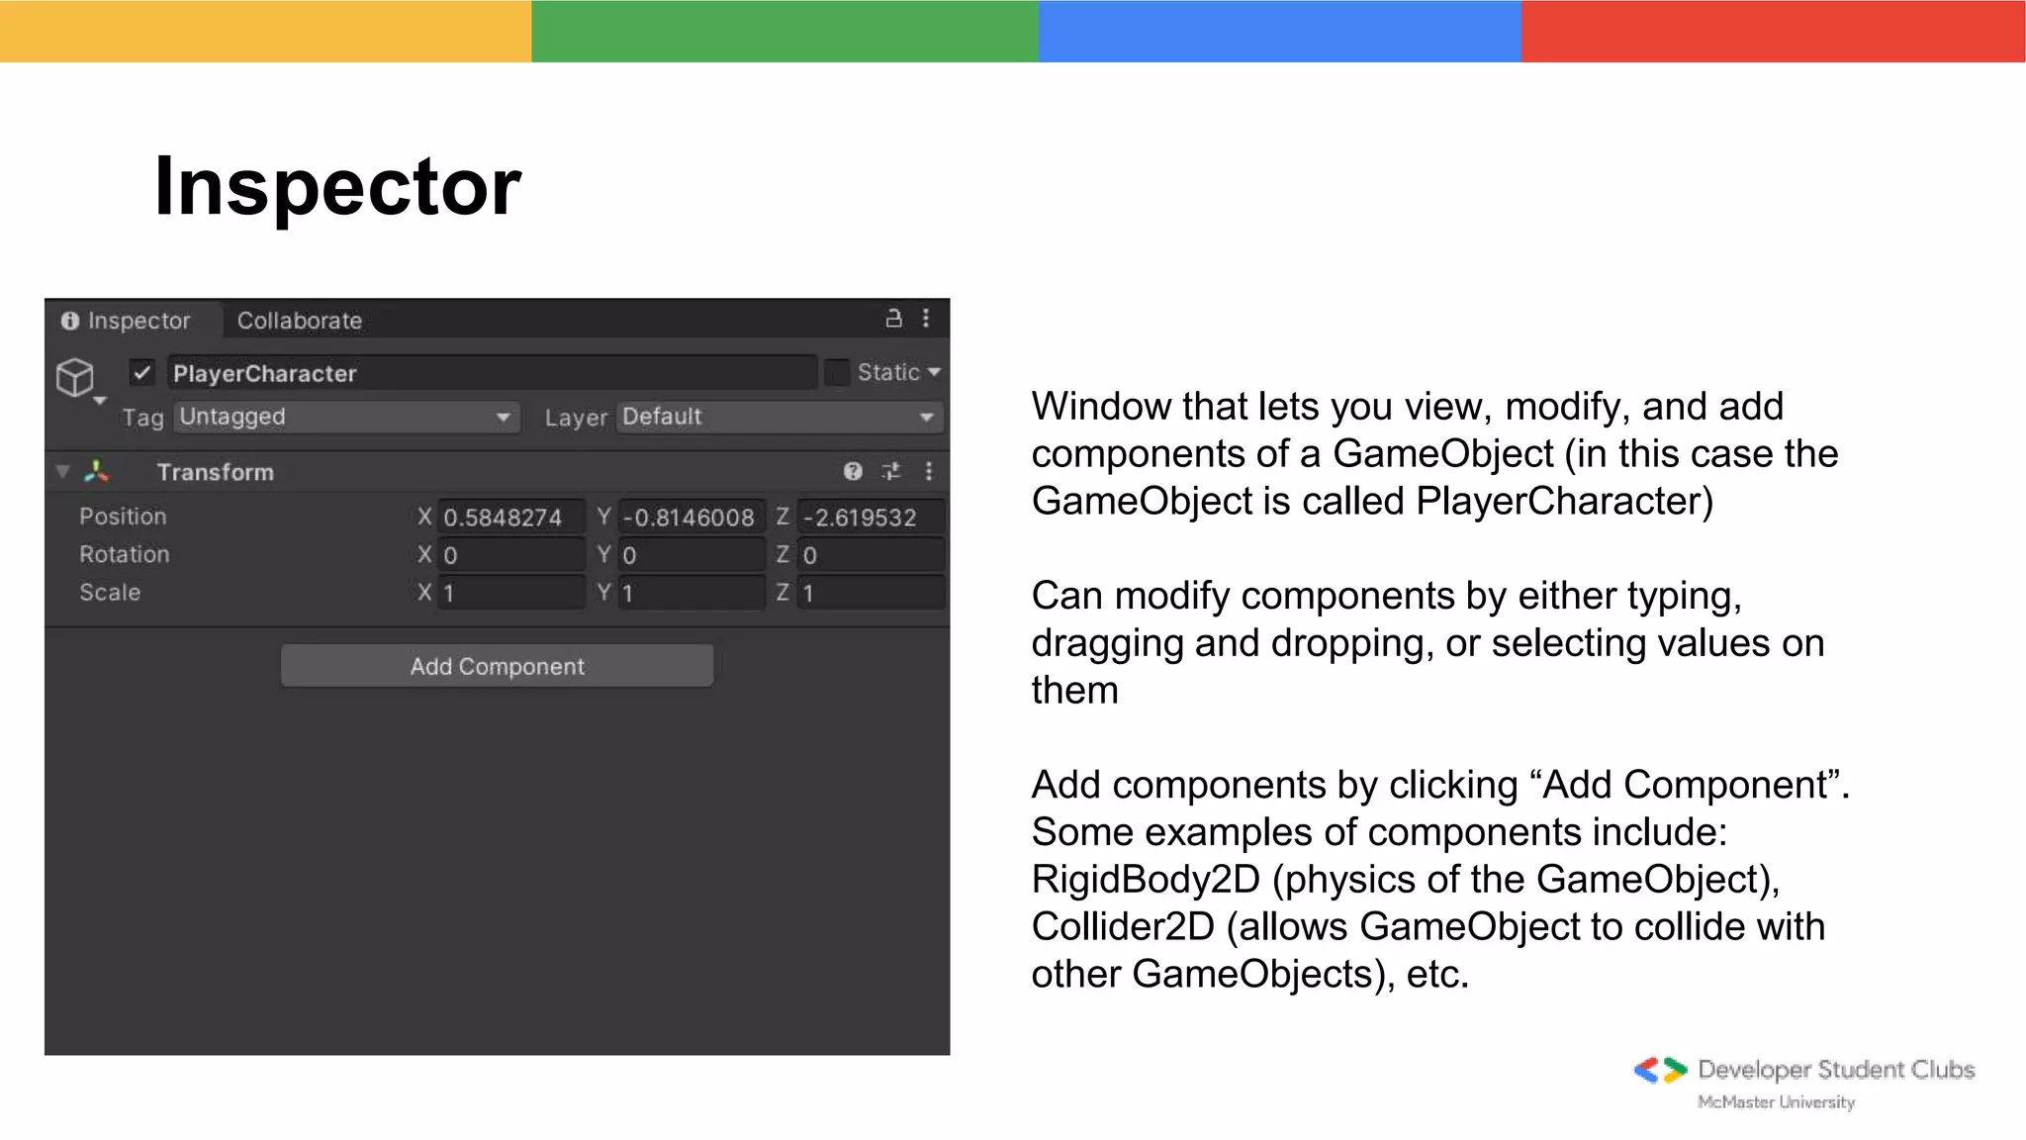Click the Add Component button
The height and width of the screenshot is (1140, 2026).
[x=497, y=666]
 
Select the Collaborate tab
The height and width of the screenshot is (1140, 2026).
[x=299, y=321]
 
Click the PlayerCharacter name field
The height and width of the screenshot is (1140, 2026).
[x=492, y=373]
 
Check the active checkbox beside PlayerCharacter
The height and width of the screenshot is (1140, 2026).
[x=141, y=373]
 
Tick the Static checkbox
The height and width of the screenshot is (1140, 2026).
[x=837, y=372]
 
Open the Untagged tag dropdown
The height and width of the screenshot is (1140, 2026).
[x=346, y=417]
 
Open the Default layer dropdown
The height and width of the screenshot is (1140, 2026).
[x=779, y=417]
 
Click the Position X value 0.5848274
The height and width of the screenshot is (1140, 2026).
[x=510, y=517]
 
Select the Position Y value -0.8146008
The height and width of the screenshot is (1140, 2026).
[x=690, y=517]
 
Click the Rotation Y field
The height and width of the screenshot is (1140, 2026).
[x=690, y=555]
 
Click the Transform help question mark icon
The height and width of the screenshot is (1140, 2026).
[x=853, y=471]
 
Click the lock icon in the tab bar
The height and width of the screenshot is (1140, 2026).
[x=893, y=319]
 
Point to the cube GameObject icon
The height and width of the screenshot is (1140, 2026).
[x=75, y=377]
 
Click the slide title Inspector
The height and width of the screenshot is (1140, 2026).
[x=337, y=186]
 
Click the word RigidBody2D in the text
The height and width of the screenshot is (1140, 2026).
[x=1146, y=879]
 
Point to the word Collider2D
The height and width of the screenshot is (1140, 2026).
[x=1123, y=926]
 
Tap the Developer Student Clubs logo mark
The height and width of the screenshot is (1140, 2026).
[x=1660, y=1070]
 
